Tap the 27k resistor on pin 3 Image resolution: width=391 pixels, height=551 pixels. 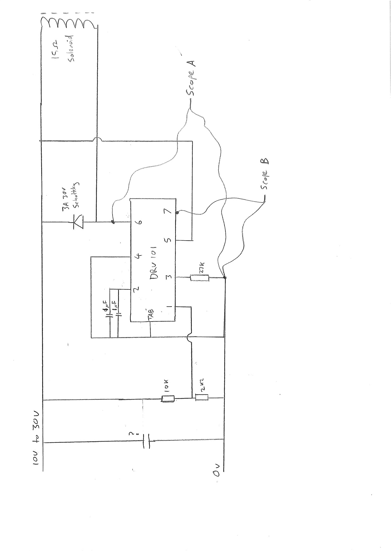click(200, 278)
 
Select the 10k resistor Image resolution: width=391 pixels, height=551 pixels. click(168, 399)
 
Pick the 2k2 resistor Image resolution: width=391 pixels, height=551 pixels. click(202, 398)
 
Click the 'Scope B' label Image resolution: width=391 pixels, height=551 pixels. click(265, 174)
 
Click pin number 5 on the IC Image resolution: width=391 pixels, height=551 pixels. click(168, 240)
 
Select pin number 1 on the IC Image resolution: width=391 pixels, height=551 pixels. click(169, 307)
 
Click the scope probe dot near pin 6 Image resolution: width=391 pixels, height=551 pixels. click(113, 222)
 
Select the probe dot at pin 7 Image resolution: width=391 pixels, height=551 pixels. click(177, 212)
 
